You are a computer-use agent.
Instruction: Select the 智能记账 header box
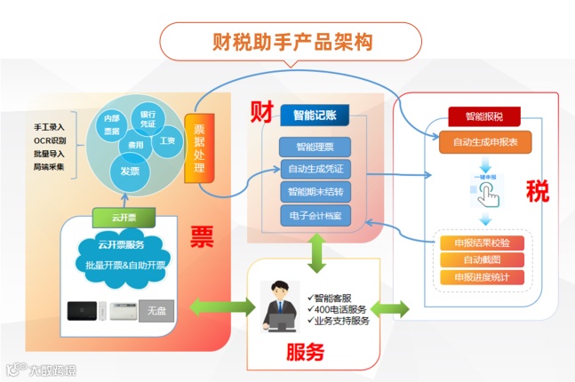click(x=315, y=115)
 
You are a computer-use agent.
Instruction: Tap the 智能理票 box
click(x=315, y=147)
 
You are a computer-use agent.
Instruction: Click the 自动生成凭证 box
click(x=315, y=169)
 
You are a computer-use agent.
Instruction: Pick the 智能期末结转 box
click(x=315, y=191)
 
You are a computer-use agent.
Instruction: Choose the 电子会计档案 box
click(x=315, y=215)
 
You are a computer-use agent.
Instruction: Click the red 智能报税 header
click(x=479, y=116)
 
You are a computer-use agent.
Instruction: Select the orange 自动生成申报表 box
click(x=480, y=140)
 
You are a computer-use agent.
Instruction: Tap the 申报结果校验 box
click(x=481, y=243)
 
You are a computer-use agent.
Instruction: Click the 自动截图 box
click(x=481, y=260)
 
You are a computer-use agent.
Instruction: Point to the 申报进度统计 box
click(x=481, y=277)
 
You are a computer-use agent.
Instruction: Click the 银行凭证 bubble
click(x=148, y=119)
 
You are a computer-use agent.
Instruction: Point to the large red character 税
click(x=537, y=190)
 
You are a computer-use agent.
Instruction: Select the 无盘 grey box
click(x=156, y=310)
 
